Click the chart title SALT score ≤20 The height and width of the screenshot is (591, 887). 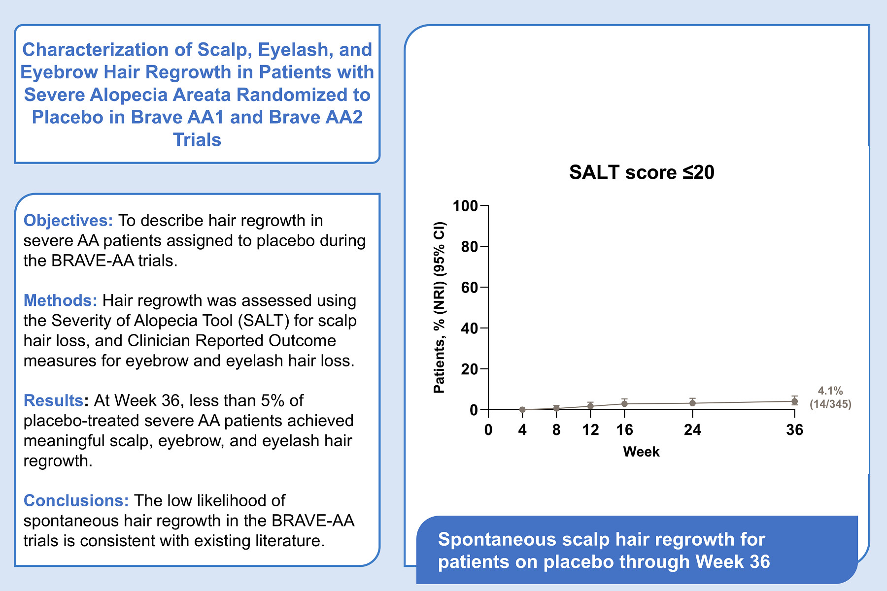coord(642,172)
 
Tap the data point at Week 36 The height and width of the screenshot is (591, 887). coord(794,401)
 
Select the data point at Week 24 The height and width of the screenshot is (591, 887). coord(692,403)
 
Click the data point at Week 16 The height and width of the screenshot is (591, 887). coord(624,404)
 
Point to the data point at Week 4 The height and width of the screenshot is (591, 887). coord(522,410)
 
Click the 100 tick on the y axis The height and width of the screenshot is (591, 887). coord(466,206)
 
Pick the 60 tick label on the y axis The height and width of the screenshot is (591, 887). coord(470,288)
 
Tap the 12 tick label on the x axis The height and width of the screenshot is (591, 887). coord(590,430)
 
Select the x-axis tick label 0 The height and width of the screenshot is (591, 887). coord(488,430)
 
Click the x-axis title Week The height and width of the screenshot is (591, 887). coord(641,452)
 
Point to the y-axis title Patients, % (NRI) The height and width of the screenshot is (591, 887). coord(439,335)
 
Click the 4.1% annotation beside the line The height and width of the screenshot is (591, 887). coord(830,391)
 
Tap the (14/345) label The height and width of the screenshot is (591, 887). coord(830,404)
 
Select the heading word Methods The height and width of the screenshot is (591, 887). coord(61,300)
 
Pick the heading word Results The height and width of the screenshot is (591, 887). coord(54,400)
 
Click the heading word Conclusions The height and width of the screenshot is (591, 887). coord(76,500)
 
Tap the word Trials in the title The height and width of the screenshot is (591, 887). coord(197,140)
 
